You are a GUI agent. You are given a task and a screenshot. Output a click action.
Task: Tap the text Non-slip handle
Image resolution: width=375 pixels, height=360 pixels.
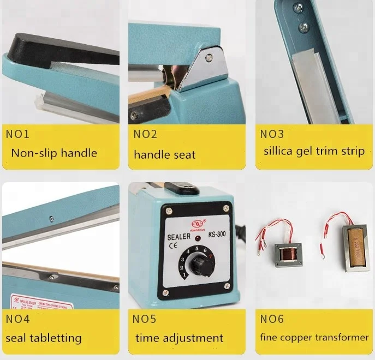point(53,153)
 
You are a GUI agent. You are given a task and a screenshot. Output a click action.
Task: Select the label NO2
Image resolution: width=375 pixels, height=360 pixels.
point(145,134)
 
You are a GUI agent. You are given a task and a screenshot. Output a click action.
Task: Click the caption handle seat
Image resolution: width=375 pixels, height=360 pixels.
point(164,154)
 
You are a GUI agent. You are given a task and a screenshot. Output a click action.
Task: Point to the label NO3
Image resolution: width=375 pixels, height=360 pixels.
point(272,134)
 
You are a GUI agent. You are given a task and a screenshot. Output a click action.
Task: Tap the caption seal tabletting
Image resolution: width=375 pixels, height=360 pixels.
point(43,338)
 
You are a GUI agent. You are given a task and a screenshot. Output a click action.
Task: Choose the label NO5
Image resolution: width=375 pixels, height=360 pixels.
point(145,319)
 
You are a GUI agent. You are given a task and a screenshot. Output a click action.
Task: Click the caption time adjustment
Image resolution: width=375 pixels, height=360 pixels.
point(179,338)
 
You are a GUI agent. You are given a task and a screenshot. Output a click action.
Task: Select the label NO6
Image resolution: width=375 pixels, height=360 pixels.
point(272,319)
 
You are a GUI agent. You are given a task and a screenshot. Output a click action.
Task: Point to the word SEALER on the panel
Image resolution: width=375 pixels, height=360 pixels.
point(178,236)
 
